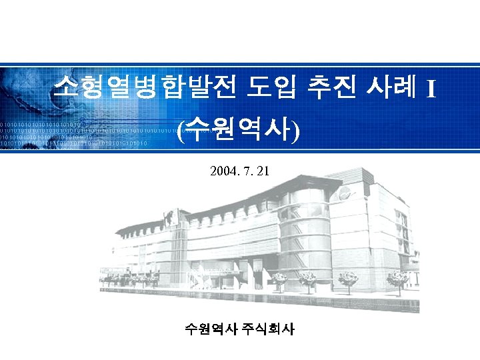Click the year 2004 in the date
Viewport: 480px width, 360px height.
[x=223, y=171]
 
